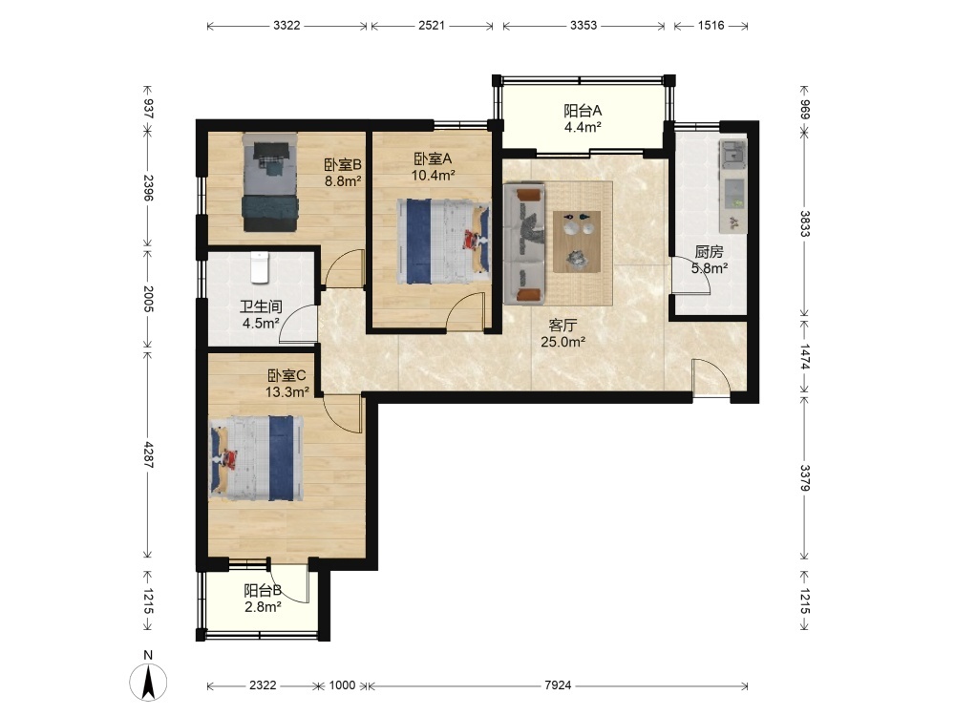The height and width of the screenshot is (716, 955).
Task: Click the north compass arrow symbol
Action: pyautogui.click(x=148, y=682)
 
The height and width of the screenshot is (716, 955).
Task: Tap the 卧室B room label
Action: pyautogui.click(x=343, y=164)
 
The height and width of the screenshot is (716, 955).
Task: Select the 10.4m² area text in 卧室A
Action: pyautogui.click(x=433, y=176)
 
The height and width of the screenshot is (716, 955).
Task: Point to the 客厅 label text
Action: pyautogui.click(x=562, y=326)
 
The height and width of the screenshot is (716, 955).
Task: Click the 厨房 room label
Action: pyautogui.click(x=709, y=251)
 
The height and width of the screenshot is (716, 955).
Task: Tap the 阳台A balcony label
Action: pyautogui.click(x=583, y=111)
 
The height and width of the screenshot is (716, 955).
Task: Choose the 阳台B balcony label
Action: pyautogui.click(x=263, y=591)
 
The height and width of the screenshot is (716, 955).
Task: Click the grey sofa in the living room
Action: pyautogui.click(x=524, y=244)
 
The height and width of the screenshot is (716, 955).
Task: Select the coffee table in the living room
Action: pyautogui.click(x=577, y=242)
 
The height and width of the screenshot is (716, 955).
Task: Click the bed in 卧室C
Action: pyautogui.click(x=256, y=458)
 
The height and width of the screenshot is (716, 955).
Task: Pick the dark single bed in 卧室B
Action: pyautogui.click(x=270, y=182)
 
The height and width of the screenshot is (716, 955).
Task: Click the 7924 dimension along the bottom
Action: pyautogui.click(x=558, y=685)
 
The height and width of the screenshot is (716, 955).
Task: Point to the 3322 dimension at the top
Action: pyautogui.click(x=286, y=26)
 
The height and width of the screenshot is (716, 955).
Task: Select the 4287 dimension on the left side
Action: pyautogui.click(x=148, y=454)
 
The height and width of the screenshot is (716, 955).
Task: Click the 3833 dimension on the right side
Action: pyautogui.click(x=804, y=223)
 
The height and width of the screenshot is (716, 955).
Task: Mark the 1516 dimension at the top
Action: pyautogui.click(x=711, y=26)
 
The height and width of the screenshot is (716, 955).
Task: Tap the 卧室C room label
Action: pyautogui.click(x=286, y=375)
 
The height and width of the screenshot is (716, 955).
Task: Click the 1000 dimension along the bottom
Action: pyautogui.click(x=342, y=685)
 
